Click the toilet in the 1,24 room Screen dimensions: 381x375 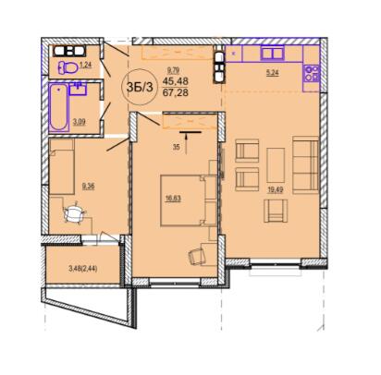[x=68, y=67]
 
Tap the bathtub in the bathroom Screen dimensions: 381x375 [x=58, y=107]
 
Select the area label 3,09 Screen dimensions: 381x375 [x=80, y=122]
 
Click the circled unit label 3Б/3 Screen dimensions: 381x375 [x=140, y=87]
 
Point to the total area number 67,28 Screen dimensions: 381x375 [x=176, y=92]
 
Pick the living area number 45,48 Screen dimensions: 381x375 [x=176, y=81]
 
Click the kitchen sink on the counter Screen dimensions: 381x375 [x=273, y=54]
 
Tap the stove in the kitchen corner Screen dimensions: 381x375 [x=312, y=74]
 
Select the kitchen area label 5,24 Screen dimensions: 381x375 [x=273, y=73]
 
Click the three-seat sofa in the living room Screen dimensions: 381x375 [x=305, y=165]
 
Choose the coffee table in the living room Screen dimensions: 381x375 [x=276, y=165]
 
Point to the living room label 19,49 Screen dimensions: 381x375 [x=276, y=190]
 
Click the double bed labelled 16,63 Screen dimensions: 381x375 [x=183, y=200]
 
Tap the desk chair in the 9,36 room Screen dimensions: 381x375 [x=74, y=213]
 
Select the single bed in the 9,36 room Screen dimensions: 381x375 [x=62, y=167]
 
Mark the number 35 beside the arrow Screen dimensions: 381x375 [x=176, y=147]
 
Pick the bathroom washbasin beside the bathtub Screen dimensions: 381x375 [x=78, y=89]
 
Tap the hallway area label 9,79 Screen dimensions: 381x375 [x=173, y=70]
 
